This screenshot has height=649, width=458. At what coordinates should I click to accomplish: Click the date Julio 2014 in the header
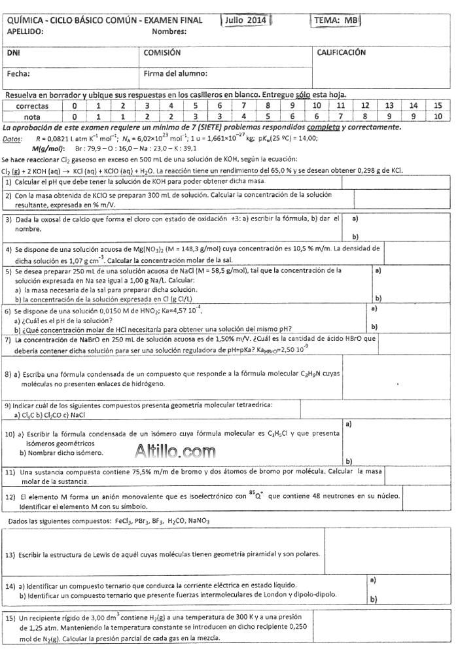tap(245, 20)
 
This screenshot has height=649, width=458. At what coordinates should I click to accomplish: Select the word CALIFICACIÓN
tap(341, 53)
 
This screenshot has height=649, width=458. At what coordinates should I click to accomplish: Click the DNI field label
tap(13, 53)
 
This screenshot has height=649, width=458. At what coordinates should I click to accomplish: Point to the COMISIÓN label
tap(162, 53)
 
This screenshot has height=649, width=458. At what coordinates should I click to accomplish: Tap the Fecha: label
tap(19, 73)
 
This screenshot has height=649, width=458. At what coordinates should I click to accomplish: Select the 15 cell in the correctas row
tap(438, 105)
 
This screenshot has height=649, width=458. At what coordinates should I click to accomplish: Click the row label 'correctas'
tap(32, 105)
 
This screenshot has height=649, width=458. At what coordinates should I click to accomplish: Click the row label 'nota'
tap(32, 116)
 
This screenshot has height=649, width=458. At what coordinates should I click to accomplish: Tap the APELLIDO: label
tap(26, 31)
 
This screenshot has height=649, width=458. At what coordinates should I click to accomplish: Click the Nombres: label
tap(169, 31)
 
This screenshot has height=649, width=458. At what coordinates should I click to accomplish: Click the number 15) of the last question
tap(10, 617)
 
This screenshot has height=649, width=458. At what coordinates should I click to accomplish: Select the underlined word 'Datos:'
tap(12, 139)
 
